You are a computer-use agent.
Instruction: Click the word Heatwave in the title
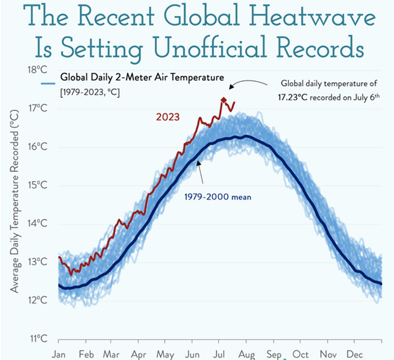[320, 19]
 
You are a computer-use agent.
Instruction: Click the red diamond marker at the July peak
[223, 100]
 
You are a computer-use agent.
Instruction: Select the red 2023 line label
[167, 117]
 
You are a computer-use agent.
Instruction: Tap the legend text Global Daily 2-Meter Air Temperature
[142, 78]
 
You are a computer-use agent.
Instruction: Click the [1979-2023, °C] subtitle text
[90, 93]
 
